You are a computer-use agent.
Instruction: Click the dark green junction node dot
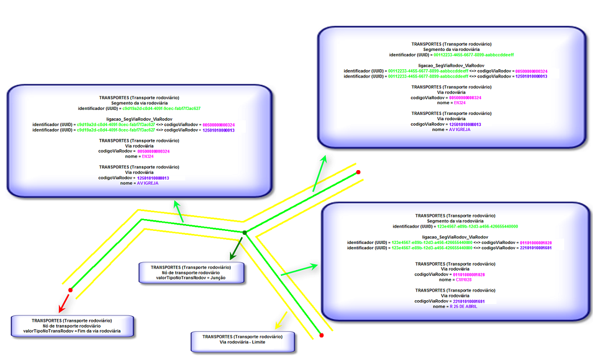pyautogui.click(x=244, y=232)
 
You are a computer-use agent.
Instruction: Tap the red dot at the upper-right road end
pyautogui.click(x=358, y=172)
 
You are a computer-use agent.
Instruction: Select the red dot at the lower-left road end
pyautogui.click(x=70, y=290)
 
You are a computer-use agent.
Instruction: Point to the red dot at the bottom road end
pyautogui.click(x=321, y=336)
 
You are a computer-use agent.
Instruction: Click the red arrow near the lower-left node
pyautogui.click(x=63, y=303)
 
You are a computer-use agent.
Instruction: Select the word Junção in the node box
pyautogui.click(x=218, y=278)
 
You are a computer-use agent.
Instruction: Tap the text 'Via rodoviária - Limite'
pyautogui.click(x=243, y=342)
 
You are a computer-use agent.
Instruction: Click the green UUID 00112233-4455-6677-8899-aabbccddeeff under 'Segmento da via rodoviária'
pyautogui.click(x=475, y=54)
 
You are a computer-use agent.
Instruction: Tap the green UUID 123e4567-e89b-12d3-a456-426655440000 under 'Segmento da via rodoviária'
pyautogui.click(x=477, y=226)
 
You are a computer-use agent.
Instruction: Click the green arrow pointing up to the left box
pyautogui.click(x=179, y=211)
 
